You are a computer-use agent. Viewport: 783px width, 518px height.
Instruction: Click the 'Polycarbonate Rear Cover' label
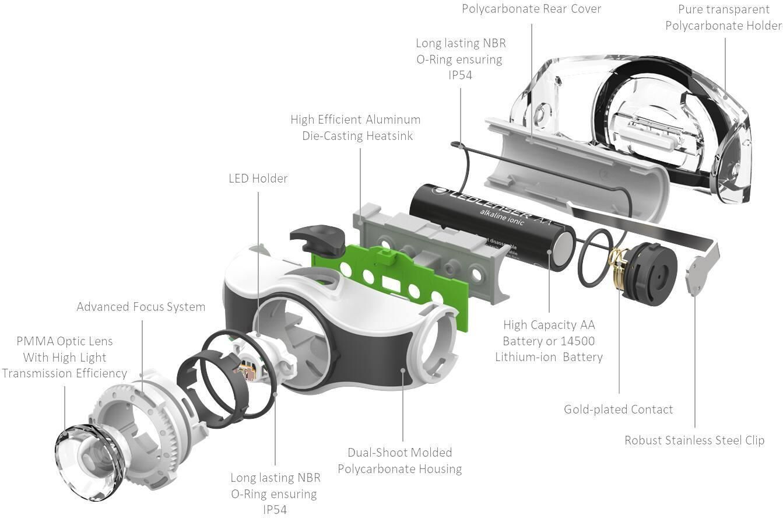tap(531, 9)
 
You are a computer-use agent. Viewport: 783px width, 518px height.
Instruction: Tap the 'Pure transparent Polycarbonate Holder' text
tap(723, 17)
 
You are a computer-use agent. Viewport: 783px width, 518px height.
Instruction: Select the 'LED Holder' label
tap(258, 178)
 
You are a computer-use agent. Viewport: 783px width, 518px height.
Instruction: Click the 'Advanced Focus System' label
tap(141, 307)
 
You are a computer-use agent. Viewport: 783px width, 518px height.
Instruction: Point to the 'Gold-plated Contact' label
tap(618, 409)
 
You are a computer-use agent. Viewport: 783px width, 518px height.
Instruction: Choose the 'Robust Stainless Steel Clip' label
tap(694, 440)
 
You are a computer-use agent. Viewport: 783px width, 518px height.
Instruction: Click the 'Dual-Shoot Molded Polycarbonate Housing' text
tap(399, 460)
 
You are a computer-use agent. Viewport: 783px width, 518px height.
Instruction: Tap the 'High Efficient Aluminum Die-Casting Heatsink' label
tap(355, 127)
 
